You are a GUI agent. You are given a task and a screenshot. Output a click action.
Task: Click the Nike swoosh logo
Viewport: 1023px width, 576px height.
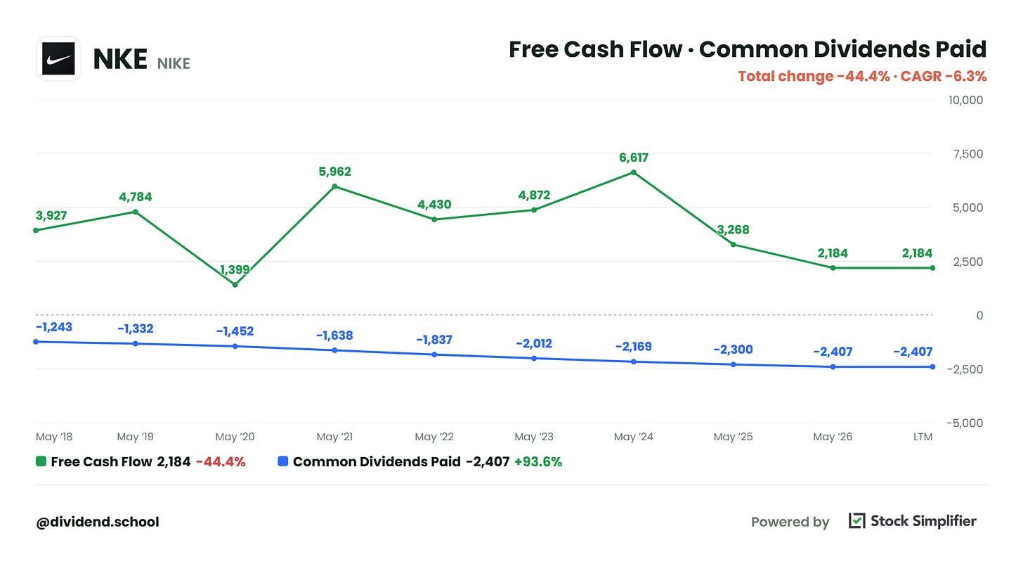coord(58,58)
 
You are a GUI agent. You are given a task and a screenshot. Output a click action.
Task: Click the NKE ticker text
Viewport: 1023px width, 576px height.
coord(120,59)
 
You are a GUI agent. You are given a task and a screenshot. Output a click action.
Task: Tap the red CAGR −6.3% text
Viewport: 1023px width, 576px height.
coord(944,76)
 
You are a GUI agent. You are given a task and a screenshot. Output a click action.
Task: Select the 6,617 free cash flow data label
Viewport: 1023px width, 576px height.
coord(634,158)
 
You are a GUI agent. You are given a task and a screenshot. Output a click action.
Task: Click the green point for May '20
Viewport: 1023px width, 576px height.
coord(235,285)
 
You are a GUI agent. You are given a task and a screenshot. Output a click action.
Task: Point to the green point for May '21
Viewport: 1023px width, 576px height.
coord(334,186)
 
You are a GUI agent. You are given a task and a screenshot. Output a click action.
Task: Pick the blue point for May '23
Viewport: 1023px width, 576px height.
coord(534,359)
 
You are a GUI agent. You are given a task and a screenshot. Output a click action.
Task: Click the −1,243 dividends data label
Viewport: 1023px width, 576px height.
coord(54,327)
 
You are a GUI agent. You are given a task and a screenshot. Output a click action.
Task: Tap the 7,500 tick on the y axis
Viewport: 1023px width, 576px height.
coord(967,154)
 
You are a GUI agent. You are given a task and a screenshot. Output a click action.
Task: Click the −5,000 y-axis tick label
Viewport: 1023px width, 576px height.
coord(965,423)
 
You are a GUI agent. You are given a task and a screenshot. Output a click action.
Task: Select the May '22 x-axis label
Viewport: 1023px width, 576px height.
coord(434,437)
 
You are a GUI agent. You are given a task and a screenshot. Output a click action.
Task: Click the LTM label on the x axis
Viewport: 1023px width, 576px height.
coord(923,437)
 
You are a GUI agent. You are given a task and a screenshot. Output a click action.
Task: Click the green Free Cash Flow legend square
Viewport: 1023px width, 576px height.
coord(41,461)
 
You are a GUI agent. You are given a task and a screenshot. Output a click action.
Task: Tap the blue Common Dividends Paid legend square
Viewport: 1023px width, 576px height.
coord(283,461)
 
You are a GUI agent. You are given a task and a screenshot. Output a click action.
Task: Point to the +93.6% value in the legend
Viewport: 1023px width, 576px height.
coord(538,461)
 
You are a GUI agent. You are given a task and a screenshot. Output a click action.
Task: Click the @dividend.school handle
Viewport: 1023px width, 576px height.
coord(98,522)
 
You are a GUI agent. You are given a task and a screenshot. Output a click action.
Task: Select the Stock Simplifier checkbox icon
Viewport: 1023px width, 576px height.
coord(856,520)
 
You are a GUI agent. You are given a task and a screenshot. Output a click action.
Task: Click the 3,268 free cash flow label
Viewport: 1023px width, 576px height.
coord(733,229)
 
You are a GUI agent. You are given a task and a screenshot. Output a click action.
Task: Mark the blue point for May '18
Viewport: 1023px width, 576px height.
coord(36,342)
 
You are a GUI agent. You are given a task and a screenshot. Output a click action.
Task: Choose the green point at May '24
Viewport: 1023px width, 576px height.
coord(634,172)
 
